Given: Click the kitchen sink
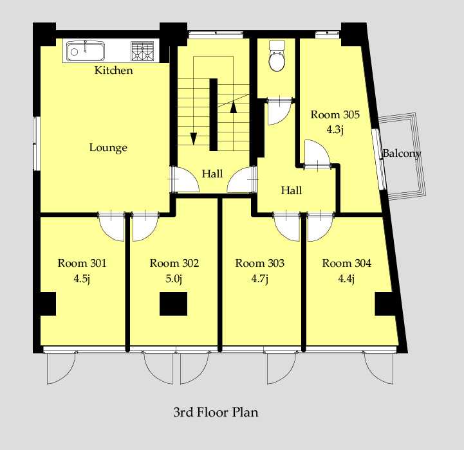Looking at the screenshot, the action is [86, 51].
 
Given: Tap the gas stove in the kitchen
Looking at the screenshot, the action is [142, 51].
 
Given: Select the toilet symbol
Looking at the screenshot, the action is [277, 56].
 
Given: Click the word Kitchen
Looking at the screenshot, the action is [114, 70].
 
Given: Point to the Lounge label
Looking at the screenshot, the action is [108, 148].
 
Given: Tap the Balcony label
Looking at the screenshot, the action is [402, 154].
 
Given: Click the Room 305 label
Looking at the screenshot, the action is [335, 114].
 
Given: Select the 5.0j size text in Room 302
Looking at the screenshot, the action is [174, 279].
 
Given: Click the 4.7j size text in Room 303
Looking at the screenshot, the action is [260, 279].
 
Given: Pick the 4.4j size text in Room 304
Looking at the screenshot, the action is [346, 279].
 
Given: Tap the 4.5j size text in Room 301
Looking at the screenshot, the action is [82, 279].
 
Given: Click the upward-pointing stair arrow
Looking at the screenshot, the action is [234, 107].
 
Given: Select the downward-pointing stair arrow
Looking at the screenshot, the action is [194, 139].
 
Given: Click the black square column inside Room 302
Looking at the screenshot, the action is [173, 303].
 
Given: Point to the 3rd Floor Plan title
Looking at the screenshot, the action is [216, 412].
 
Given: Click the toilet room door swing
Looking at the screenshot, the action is [279, 112].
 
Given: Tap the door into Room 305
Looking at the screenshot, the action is [317, 154].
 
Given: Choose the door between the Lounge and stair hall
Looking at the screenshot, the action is [185, 179].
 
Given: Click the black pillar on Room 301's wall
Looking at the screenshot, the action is [48, 303].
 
